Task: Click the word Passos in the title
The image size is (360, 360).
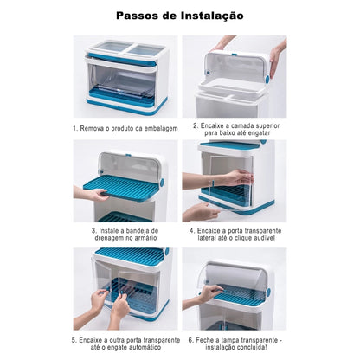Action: point(140,16)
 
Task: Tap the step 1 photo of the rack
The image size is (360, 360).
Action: point(125,75)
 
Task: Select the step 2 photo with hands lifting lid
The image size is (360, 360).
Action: point(234,75)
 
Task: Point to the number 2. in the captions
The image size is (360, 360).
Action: point(196,125)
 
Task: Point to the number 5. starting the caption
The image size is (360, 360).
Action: point(75,340)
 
